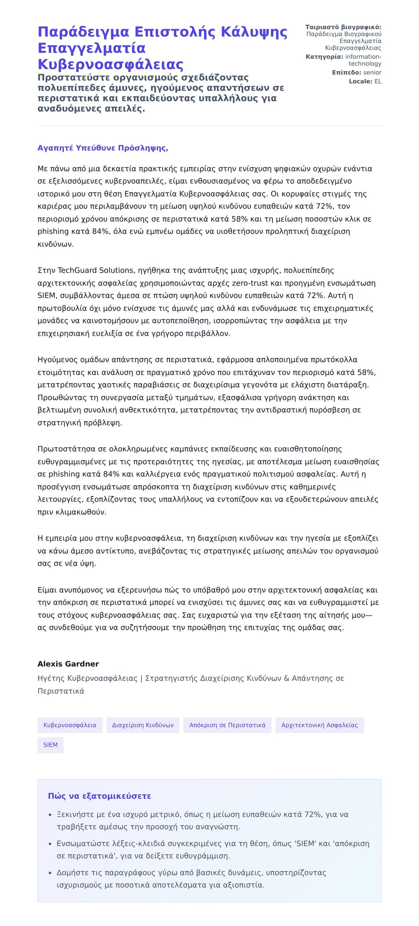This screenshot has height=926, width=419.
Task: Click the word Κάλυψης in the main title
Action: coord(254,32)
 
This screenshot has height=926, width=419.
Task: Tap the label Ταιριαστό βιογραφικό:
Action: coord(343,27)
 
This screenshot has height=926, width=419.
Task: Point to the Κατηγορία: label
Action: coord(324,57)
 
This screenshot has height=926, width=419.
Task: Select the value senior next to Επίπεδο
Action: coord(372,73)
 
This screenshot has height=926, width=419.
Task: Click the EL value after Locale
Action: coord(378,82)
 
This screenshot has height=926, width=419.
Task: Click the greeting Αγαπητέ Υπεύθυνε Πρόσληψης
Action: coord(103,148)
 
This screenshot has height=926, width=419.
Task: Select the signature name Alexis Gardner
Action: coord(68,664)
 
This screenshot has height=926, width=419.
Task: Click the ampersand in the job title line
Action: coord(286,678)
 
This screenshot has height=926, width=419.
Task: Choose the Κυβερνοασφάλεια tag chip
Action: coord(70,725)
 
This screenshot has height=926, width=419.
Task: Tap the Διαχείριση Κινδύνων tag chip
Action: coord(143,725)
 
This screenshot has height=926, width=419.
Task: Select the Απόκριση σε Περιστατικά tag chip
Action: coord(227,725)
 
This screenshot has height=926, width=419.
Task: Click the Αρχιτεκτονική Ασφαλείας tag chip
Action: coord(319,725)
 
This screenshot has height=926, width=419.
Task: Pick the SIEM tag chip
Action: coord(50,745)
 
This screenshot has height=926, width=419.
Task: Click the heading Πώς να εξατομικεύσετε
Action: coord(100,796)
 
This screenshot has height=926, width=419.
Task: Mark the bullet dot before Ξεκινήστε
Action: coord(50,815)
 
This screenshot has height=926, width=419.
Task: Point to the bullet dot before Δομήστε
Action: coord(50,873)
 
